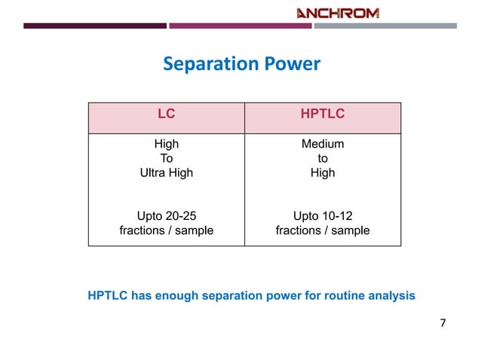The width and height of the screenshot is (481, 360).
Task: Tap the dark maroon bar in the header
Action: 95,26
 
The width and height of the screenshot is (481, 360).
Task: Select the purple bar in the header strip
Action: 240,26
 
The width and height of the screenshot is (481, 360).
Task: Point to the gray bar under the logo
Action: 384,26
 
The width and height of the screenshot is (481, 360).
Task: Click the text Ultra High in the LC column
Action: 166,172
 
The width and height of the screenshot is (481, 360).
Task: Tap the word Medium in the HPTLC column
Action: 323,144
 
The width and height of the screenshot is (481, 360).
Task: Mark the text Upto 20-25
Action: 166,216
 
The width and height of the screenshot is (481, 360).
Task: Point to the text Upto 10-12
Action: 323,216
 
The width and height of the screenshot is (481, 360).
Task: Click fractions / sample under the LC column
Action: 166,230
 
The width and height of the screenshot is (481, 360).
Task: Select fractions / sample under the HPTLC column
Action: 323,230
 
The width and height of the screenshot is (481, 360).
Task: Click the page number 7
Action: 443,324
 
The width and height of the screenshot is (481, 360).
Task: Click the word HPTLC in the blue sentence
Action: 108,296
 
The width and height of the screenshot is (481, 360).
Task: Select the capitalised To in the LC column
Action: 166,158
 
